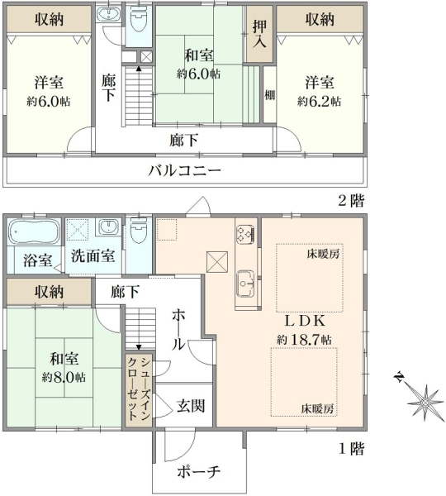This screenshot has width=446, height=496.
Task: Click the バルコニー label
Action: click(185, 171)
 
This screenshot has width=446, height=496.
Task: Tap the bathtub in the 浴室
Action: click(34, 231)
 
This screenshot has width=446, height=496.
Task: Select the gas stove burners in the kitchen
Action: click(245, 234)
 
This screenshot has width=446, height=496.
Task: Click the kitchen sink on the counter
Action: click(245, 284)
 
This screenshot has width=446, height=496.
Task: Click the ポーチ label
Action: click(199, 472)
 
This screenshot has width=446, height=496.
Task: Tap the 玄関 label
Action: click(191, 406)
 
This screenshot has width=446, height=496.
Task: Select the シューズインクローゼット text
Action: click(139, 389)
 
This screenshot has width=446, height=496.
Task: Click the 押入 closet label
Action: click(259, 35)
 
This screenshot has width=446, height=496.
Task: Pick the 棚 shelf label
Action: click(269, 95)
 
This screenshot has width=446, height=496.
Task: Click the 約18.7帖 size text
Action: click(305, 340)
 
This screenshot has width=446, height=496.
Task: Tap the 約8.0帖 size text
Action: click(64, 378)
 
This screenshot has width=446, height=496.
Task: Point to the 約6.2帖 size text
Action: click(320, 101)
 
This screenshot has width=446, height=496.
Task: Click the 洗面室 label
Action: click(93, 256)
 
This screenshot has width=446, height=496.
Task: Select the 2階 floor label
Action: click(352, 201)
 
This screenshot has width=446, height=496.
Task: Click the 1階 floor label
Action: click(352, 449)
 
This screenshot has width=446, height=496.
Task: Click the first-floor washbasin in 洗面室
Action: click(109, 227)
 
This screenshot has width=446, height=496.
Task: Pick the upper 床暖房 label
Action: click(323, 254)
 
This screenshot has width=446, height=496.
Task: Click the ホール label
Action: click(178, 330)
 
